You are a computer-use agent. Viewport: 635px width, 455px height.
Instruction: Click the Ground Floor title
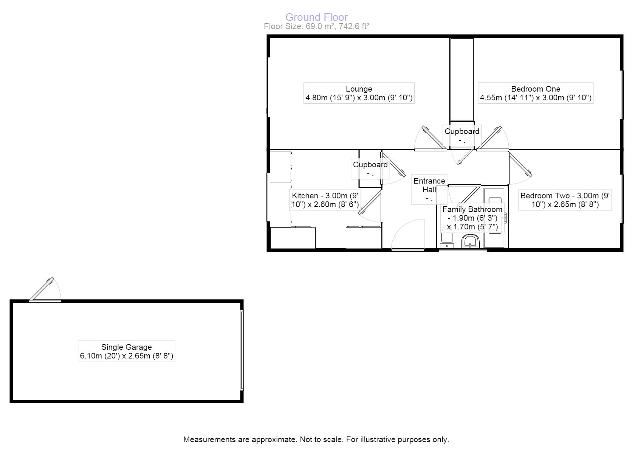point(316,17)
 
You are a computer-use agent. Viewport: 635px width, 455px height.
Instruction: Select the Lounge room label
point(359,93)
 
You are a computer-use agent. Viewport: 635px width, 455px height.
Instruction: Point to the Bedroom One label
point(535,93)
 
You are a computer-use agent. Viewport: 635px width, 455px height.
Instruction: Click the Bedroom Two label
point(565,200)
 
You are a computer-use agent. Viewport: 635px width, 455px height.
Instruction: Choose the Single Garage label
point(126,351)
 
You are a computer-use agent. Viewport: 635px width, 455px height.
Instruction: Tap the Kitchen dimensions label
point(325,200)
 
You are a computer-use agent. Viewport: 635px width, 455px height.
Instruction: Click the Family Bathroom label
point(472,218)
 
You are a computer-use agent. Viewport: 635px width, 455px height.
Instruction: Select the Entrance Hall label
point(429,189)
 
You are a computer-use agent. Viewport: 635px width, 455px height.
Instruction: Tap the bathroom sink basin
point(471,241)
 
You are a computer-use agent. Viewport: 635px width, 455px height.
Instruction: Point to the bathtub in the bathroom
point(495,218)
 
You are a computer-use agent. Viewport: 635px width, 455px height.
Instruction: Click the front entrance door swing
point(408,235)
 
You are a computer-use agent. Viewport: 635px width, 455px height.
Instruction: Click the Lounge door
point(431,139)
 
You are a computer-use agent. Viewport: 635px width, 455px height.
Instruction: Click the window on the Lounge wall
point(269,87)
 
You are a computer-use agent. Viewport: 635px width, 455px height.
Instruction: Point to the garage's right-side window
point(242,350)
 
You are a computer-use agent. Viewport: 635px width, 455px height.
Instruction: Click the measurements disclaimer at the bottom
point(316,439)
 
